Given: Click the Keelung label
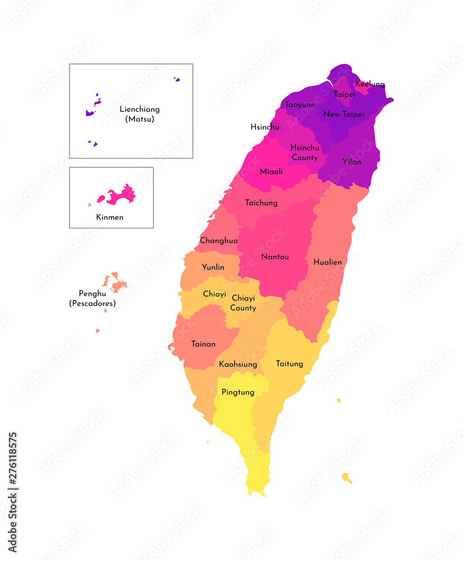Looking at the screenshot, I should [x=370, y=84].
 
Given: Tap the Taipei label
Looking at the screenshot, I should [x=344, y=94].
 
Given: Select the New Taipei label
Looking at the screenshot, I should [x=344, y=114].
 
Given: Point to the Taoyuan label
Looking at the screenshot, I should [x=300, y=104].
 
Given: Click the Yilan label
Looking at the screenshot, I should [x=351, y=162].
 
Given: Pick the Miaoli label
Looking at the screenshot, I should [x=271, y=171].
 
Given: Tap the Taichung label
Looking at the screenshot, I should [x=261, y=203].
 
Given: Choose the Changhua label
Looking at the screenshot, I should [x=219, y=240].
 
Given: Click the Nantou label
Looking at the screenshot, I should [x=275, y=256].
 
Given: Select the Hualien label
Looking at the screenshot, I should [x=327, y=262].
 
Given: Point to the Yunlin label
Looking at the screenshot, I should [x=213, y=267].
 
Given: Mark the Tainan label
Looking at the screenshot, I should [x=203, y=344].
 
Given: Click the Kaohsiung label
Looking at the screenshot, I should [x=238, y=364].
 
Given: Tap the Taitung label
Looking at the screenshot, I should [x=289, y=364].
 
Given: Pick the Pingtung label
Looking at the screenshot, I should [x=238, y=392].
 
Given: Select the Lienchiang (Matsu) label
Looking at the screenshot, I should [x=140, y=114].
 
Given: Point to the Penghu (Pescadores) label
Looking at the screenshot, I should [x=92, y=298].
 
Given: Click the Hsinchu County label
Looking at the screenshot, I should [x=304, y=153].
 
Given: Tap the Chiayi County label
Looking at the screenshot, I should [x=243, y=303].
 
